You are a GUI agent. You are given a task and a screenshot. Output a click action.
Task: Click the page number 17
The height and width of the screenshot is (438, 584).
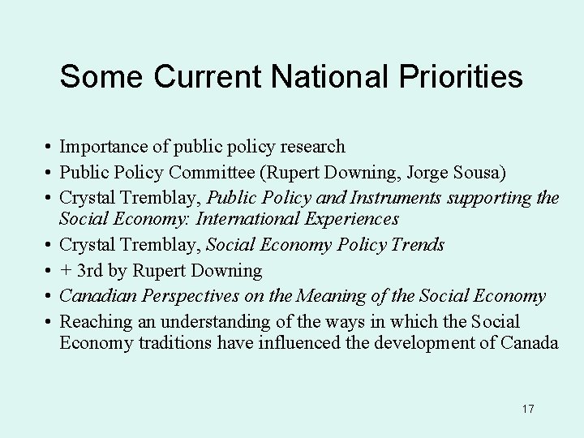coord(528,409)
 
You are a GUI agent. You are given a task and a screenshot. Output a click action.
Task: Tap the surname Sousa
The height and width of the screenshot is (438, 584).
coord(479,171)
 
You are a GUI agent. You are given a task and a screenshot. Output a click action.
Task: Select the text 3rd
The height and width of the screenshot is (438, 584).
coord(91,270)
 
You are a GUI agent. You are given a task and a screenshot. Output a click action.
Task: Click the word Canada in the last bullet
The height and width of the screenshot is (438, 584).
coord(529,343)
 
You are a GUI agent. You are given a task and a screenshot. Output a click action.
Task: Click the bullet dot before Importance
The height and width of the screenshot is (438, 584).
coord(49,148)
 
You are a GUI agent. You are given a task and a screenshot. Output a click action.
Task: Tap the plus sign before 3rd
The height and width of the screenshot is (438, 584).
coord(66,270)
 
